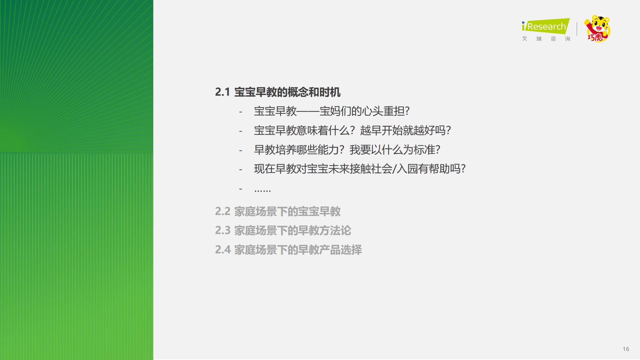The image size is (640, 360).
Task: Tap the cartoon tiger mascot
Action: (597, 29)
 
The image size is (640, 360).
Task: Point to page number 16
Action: (626, 349)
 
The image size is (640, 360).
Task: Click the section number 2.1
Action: (222, 92)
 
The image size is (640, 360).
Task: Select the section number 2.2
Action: (223, 211)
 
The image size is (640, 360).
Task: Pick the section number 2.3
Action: (223, 230)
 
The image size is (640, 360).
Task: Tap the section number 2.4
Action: (223, 250)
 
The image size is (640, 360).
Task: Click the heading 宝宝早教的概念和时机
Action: (287, 92)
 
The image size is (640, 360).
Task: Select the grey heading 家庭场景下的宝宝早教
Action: (287, 211)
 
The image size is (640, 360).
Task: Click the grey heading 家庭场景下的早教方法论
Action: (293, 230)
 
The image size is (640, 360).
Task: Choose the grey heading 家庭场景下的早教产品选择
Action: (298, 250)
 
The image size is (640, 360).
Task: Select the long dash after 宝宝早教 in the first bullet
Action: (308, 111)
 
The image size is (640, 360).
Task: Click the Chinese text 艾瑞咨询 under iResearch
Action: (546, 39)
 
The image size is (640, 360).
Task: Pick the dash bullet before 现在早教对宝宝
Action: (240, 169)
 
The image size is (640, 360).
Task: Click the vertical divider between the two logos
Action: (577, 29)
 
